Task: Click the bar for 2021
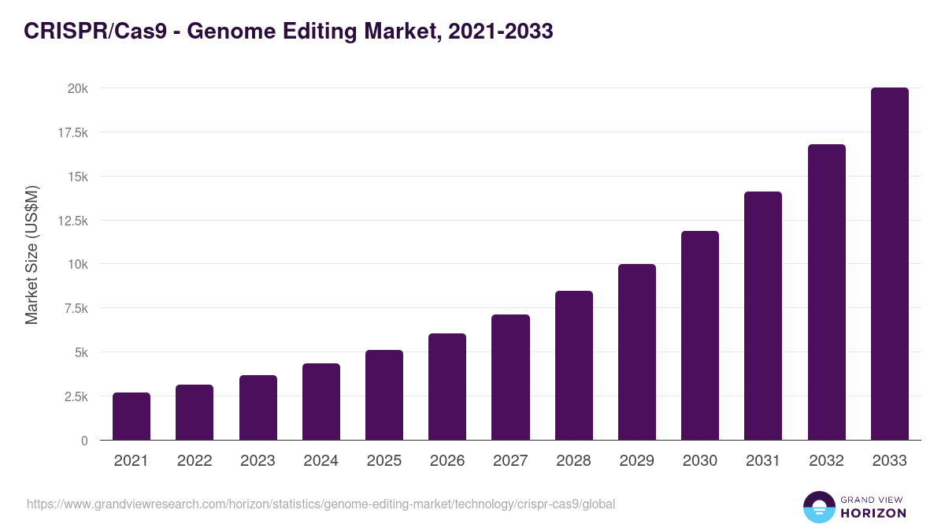pos(132,416)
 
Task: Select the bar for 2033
pos(889,264)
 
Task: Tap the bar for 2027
pos(510,378)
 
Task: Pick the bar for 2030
pos(700,336)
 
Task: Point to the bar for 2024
pos(321,402)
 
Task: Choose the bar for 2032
pos(826,292)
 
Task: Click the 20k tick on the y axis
pos(76,88)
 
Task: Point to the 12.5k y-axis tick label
pos(72,221)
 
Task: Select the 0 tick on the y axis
pos(83,441)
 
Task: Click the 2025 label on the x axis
pos(384,461)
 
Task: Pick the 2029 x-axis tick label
pos(636,461)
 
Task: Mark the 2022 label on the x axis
pos(195,461)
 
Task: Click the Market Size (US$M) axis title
pos(31,255)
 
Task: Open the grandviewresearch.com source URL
pos(321,504)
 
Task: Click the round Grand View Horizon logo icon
pos(819,507)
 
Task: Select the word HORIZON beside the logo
pos(873,513)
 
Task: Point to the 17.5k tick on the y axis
pos(72,132)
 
